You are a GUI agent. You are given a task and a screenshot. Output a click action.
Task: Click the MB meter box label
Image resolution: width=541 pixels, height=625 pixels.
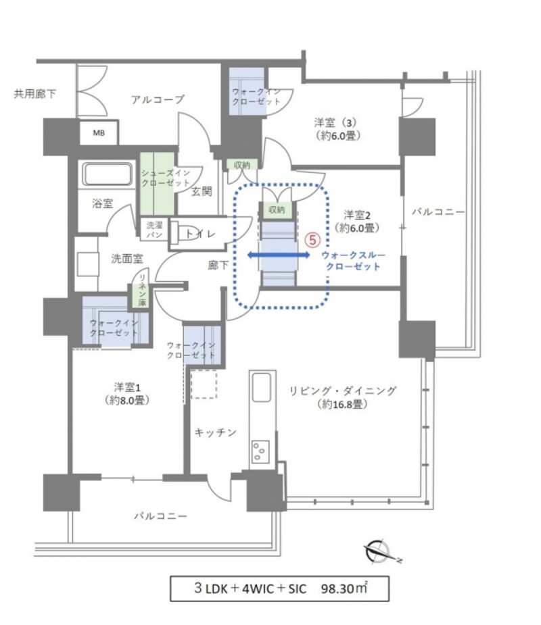coord(99,132)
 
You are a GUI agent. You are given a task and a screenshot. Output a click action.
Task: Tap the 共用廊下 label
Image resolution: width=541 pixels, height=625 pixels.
coord(35,94)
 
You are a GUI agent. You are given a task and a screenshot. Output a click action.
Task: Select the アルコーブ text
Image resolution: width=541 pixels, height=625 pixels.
coord(158,99)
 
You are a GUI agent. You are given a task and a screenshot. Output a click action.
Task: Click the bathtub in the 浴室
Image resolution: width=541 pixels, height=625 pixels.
coord(107,174)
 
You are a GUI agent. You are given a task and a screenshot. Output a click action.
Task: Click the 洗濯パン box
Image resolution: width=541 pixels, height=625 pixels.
coord(154,229)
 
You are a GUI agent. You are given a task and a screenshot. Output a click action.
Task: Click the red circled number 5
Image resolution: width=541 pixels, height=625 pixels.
coord(313,240)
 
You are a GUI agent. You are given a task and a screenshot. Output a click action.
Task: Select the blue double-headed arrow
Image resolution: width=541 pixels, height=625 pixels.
coord(279,255)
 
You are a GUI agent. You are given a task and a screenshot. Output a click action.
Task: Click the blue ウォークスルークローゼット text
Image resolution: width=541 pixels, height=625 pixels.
coord(354,261)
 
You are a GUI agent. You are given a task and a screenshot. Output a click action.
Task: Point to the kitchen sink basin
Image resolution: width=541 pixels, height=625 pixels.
coord(262,387)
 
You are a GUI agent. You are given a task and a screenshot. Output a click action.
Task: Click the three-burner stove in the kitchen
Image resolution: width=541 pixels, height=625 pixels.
coord(260,451)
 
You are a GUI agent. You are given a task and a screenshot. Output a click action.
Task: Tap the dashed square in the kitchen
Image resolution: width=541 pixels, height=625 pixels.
coord(204,384)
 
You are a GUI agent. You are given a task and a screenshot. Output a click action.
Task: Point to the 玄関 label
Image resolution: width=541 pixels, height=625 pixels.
coord(202,192)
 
